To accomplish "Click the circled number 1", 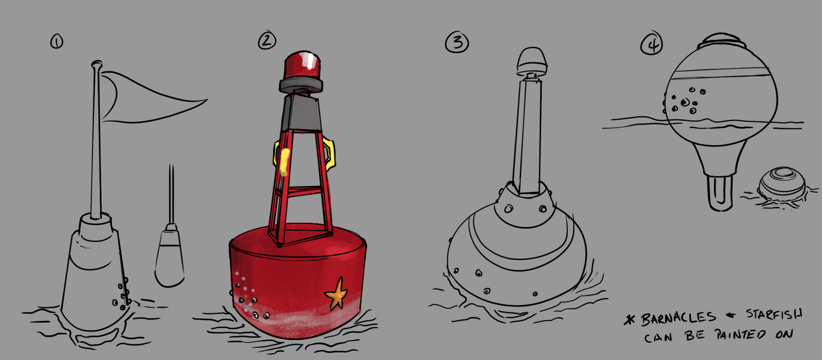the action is point(57,41).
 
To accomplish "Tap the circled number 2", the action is point(267,40).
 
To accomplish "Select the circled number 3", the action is point(457,42).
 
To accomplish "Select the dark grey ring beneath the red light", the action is point(301,85).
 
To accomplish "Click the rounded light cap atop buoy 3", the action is point(532,61).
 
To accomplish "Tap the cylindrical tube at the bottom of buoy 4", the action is point(719,193).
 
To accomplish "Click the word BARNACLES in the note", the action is point(678,318).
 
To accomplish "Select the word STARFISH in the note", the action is point(774,314).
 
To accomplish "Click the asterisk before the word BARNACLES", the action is point(630,320).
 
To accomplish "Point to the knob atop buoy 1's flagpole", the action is point(96,64).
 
